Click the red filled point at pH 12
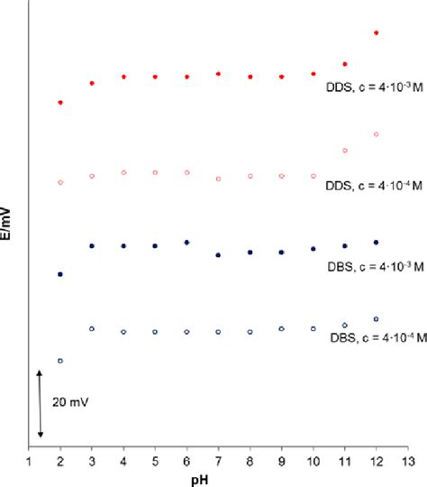click(x=376, y=32)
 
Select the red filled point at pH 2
click(x=60, y=103)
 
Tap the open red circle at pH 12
click(x=376, y=134)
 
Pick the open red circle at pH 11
click(x=344, y=150)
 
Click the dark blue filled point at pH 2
click(x=60, y=274)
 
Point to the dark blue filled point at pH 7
click(x=218, y=255)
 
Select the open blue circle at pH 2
click(x=60, y=361)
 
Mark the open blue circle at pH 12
click(x=376, y=318)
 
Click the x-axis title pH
click(x=219, y=479)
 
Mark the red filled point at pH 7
click(x=218, y=74)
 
